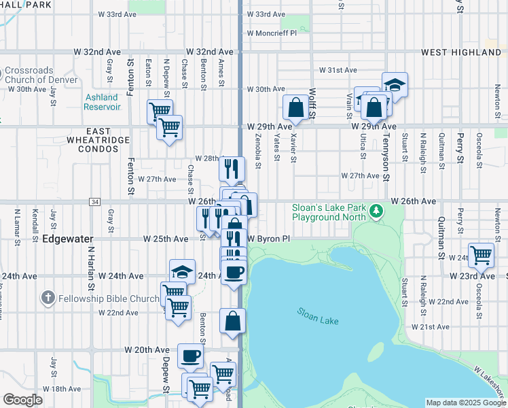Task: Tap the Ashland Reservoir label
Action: (103, 101)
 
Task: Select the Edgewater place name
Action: (67, 239)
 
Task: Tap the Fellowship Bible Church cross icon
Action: (48, 298)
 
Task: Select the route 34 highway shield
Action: (95, 201)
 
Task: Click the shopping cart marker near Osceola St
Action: (481, 255)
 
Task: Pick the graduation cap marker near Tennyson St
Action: (395, 84)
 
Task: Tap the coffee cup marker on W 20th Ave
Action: (190, 355)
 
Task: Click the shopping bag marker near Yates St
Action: (296, 107)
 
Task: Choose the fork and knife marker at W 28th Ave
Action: (232, 169)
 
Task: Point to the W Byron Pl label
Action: (268, 239)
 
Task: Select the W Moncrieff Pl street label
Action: (272, 33)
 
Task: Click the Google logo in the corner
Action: (23, 400)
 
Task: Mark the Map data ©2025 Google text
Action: (465, 403)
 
